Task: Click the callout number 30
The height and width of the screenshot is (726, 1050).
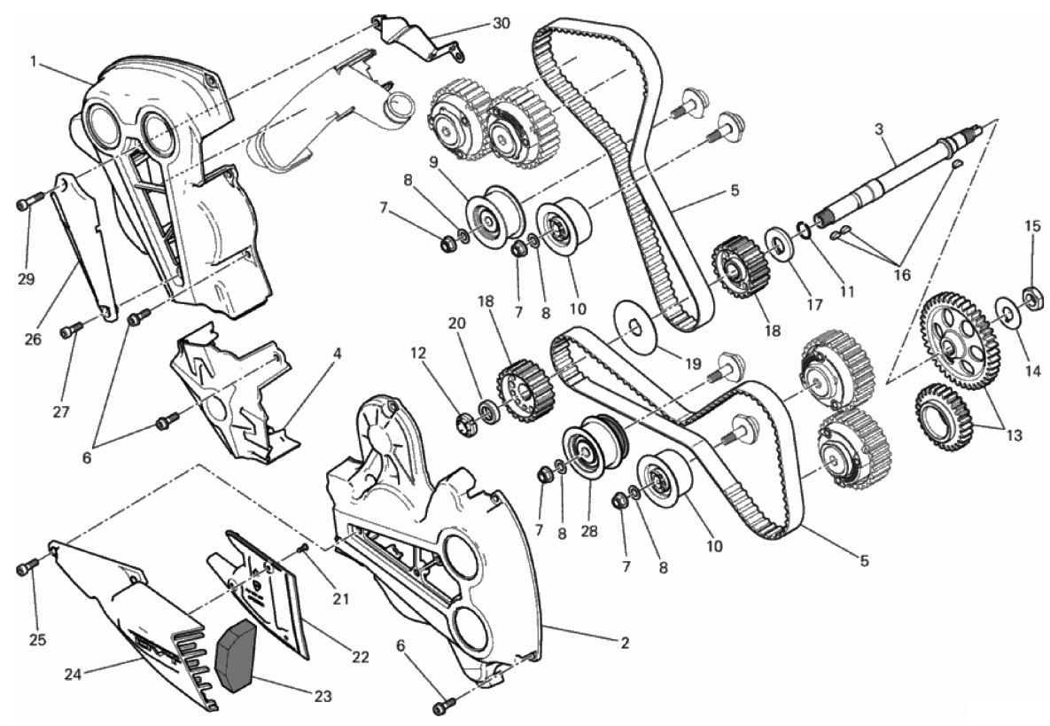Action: [501, 23]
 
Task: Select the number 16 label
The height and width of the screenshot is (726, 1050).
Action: [902, 275]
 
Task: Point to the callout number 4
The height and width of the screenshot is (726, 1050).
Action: [337, 352]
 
